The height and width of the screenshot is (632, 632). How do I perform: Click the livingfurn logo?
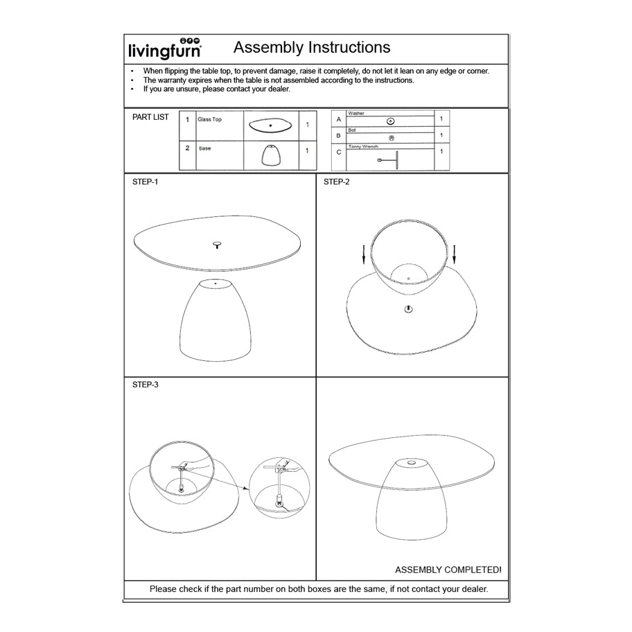pos(165,49)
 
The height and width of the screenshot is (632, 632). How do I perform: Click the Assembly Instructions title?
pos(312,48)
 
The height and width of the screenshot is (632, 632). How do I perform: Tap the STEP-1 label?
pos(145,182)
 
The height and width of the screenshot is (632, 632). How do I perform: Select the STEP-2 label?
pos(337,182)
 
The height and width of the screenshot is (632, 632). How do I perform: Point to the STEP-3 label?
pos(145,384)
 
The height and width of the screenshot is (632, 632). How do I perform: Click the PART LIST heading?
pos(150,117)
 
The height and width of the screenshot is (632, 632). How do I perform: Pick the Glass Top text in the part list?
pos(209,120)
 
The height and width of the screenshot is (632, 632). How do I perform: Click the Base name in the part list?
pos(205,148)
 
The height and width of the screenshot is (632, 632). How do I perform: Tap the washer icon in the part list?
pos(391,121)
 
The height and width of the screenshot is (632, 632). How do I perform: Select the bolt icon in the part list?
pos(392,138)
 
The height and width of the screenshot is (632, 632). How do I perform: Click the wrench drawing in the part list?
pos(391,159)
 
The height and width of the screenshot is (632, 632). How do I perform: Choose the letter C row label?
pos(338,152)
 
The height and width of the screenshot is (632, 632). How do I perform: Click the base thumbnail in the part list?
pos(271,155)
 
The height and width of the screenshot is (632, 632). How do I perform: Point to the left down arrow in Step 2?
pos(364,254)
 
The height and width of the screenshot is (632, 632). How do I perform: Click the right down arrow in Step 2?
pos(455,254)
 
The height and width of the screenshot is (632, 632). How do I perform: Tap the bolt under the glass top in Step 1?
pos(217,245)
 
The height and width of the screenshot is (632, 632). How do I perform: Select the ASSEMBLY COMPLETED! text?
pos(448,570)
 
